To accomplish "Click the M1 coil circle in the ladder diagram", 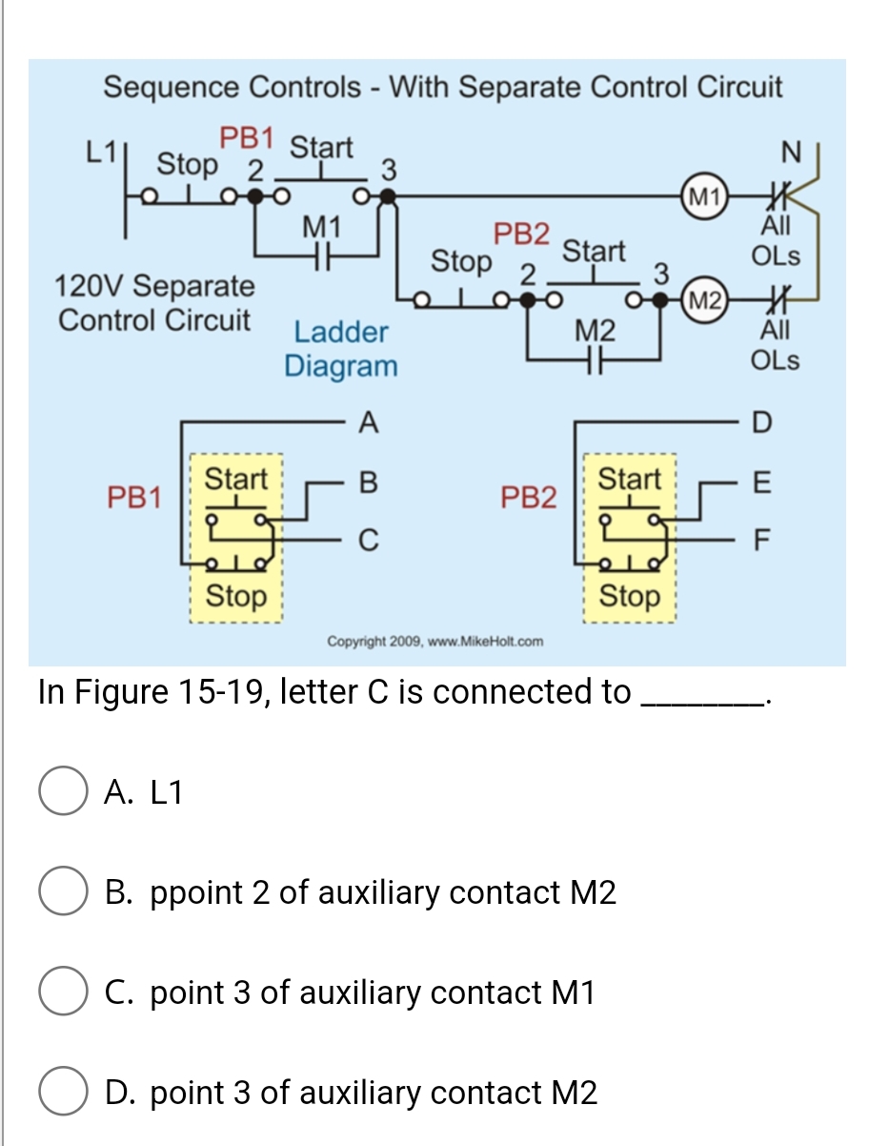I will point(703,198).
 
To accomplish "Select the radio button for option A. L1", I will point(63,793).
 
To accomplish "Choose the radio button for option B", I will point(63,893).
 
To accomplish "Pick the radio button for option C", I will point(63,993).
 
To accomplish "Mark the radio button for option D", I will point(63,1093).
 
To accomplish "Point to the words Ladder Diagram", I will point(341,349).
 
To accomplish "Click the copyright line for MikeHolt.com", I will point(434,641).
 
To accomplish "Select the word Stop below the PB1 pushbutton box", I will point(236,597).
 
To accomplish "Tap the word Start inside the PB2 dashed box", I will point(629,479).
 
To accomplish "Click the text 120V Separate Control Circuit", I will point(154,302).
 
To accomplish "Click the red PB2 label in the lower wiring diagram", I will point(530,496).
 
